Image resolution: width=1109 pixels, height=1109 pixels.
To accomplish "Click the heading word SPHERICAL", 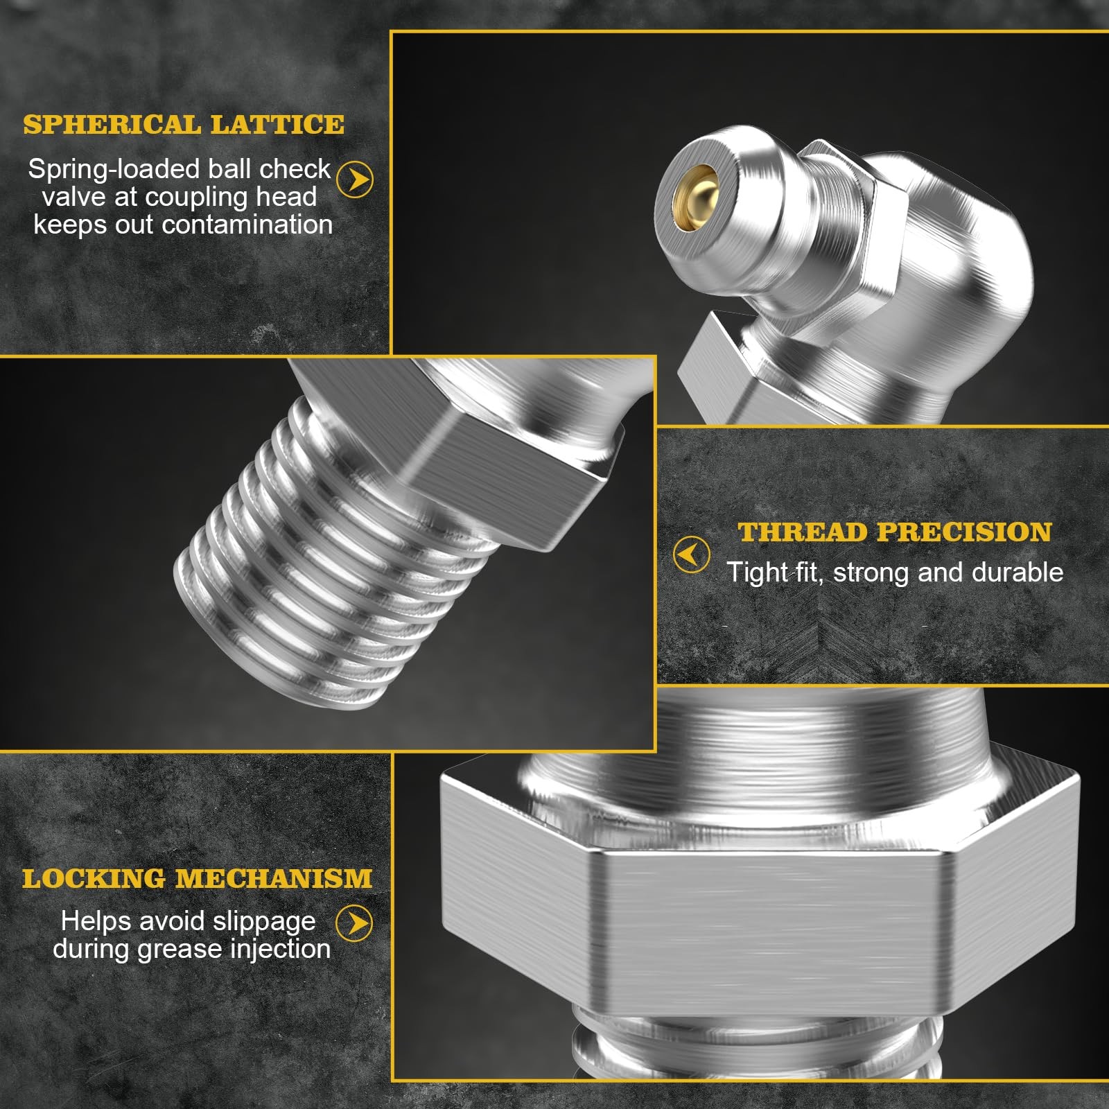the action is point(112,125).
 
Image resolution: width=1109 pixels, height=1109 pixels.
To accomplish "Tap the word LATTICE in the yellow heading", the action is point(277,125).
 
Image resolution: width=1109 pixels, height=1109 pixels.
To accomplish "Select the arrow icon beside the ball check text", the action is point(354,180).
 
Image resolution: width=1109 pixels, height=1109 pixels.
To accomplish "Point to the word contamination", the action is point(247,225).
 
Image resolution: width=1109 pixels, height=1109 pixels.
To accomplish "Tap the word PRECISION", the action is point(964,532).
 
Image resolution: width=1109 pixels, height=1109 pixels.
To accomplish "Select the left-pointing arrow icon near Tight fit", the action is point(691,554).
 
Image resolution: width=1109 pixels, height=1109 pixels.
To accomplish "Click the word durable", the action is point(1018,573).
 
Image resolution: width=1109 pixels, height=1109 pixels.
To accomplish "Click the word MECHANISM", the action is point(274,879).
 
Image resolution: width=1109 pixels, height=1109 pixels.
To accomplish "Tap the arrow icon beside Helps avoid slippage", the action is point(354,923).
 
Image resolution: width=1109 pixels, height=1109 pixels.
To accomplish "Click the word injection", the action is point(280,950).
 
